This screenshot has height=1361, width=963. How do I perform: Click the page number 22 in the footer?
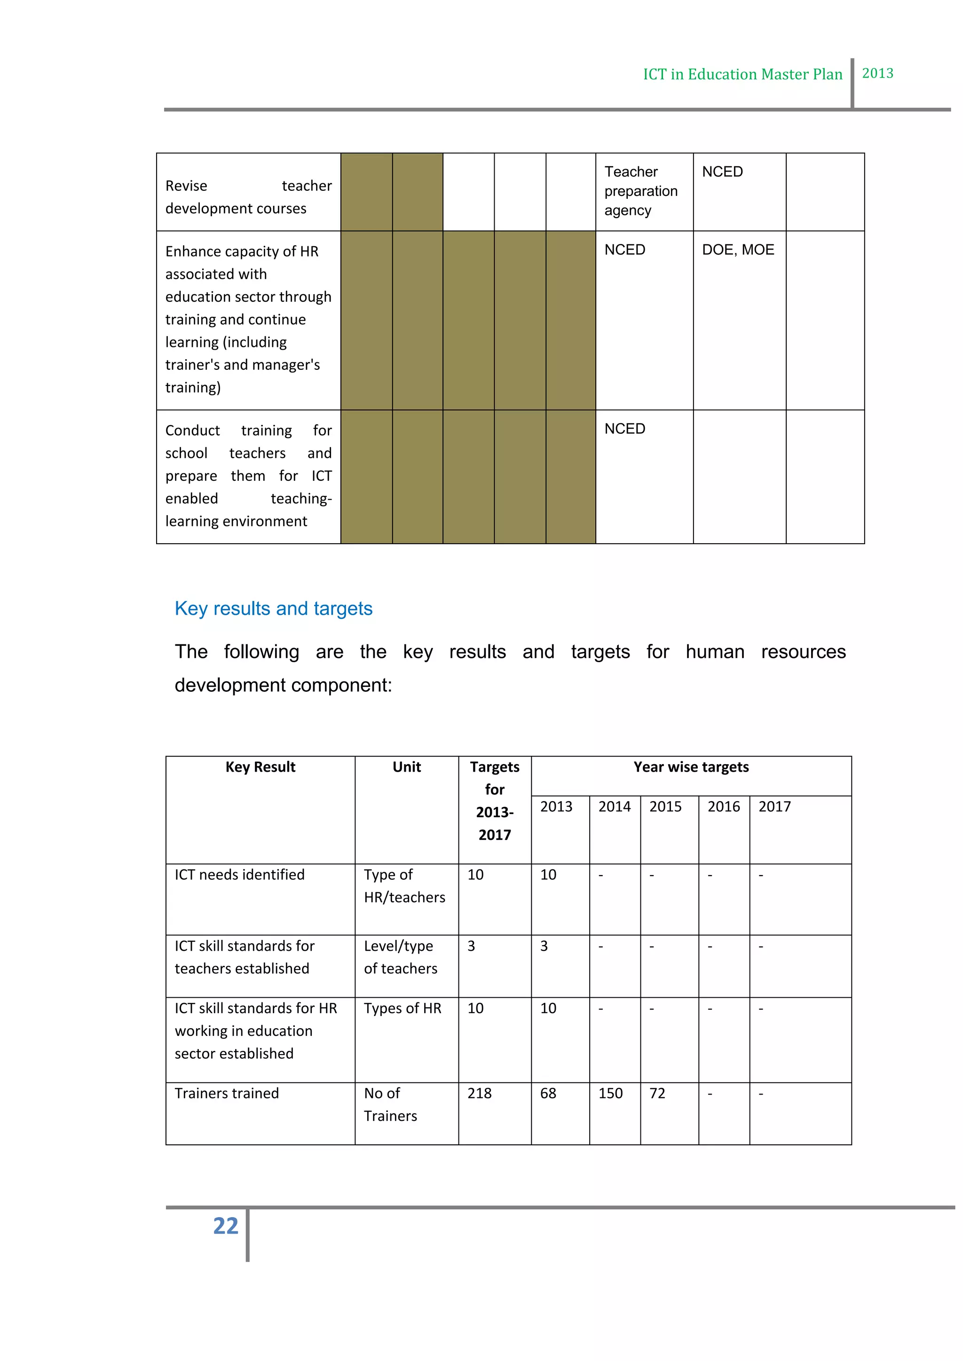tap(225, 1226)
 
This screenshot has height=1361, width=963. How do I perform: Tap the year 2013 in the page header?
tap(877, 73)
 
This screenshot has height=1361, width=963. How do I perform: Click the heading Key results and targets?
tap(273, 608)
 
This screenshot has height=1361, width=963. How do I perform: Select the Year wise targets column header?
tap(691, 767)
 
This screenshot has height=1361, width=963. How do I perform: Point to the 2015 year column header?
tap(665, 807)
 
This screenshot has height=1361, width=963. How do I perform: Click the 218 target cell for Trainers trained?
tap(479, 1093)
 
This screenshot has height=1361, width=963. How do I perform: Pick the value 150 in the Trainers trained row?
tap(610, 1093)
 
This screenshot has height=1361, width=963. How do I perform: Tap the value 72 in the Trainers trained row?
tap(657, 1093)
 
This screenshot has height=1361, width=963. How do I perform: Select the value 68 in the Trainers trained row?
tap(548, 1093)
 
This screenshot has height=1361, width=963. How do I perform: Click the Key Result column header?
tap(260, 767)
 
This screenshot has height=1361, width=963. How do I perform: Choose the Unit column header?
tap(407, 767)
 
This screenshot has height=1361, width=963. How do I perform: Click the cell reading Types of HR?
tap(403, 1009)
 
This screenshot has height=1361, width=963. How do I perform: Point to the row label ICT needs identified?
tap(239, 875)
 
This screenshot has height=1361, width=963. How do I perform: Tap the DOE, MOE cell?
tap(738, 250)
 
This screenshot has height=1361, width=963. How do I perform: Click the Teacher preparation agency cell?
tap(640, 191)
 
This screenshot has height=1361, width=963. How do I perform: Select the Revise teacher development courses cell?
tap(248, 197)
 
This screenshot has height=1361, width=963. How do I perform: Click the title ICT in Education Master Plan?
tap(742, 75)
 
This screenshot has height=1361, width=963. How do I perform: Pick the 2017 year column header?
tap(774, 807)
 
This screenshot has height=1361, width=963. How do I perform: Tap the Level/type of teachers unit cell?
tap(401, 957)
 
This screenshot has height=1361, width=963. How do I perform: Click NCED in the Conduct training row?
tap(624, 429)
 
